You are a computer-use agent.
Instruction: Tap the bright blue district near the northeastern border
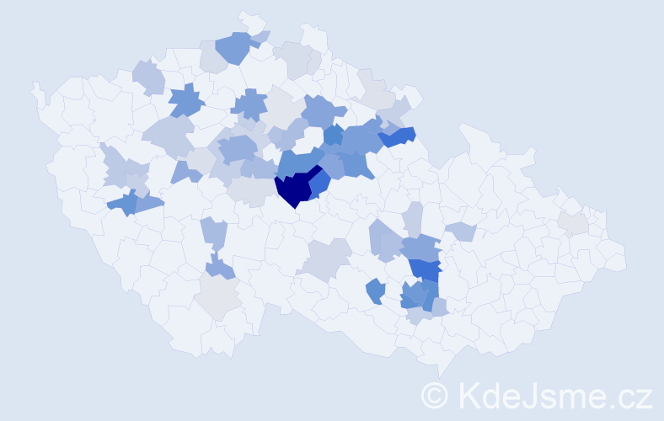tap(399, 136)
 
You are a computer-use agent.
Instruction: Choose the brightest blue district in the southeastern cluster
tap(426, 269)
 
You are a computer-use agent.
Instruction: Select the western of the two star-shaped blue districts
tap(187, 102)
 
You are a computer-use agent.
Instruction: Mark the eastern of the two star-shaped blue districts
tap(249, 105)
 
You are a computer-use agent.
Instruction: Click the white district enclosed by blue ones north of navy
tap(313, 136)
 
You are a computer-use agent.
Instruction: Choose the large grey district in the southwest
tap(217, 297)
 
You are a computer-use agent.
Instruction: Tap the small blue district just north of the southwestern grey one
tap(220, 268)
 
